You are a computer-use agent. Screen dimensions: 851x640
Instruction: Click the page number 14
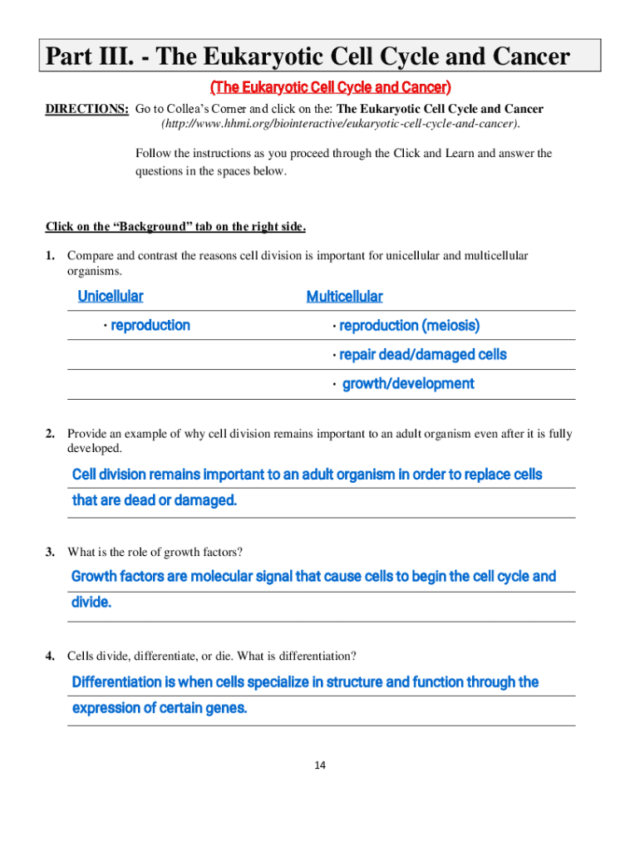coord(320,765)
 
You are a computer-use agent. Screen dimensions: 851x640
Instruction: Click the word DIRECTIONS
coord(86,109)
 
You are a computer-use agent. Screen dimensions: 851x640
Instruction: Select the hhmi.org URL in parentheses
coord(341,124)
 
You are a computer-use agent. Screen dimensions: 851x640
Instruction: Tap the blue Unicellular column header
coord(110,296)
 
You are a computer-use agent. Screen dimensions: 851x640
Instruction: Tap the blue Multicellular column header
coord(344,296)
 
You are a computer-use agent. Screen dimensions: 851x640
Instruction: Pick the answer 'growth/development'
coord(408,384)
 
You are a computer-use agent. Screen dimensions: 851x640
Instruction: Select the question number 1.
coord(51,256)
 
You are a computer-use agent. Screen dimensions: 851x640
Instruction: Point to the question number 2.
coord(51,434)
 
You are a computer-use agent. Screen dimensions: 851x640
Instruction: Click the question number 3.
coord(51,552)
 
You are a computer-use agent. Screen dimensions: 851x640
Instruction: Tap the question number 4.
coord(51,657)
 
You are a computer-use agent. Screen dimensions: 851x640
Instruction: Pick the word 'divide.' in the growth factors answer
coord(91,603)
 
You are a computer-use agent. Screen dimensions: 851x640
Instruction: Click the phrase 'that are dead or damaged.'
coord(155,500)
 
